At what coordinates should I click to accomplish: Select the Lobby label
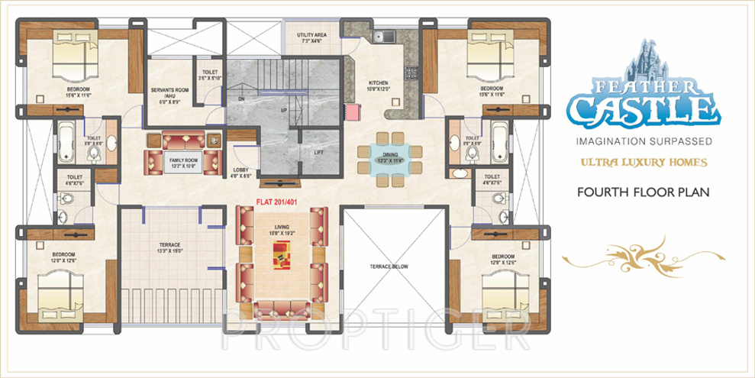click(242, 173)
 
